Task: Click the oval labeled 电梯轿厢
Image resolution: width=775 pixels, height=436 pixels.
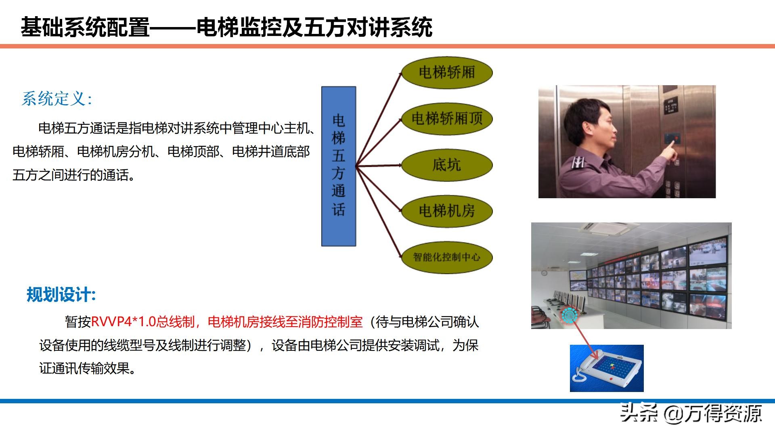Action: point(447,73)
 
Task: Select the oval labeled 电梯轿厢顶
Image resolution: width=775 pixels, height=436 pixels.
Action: point(447,119)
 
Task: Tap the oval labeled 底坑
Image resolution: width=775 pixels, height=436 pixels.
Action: point(447,165)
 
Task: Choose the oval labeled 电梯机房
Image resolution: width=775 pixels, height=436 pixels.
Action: point(447,211)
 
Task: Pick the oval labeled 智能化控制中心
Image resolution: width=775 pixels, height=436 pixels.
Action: point(447,257)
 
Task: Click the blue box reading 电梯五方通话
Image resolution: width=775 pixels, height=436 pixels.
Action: point(339,166)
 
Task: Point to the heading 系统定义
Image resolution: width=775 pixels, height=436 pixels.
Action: point(57,99)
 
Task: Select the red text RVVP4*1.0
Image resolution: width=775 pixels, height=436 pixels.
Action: point(124,322)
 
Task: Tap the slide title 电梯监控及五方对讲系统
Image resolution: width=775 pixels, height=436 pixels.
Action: point(314,27)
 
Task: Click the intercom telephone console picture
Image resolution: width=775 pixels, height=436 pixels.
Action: point(607,368)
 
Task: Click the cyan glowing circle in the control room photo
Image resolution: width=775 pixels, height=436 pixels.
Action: point(569,314)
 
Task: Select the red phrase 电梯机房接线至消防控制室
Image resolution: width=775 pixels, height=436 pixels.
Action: point(285,322)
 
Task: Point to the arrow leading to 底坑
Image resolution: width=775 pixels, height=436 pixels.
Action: point(379,166)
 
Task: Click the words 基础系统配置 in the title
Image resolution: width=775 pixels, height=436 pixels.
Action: point(85,27)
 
